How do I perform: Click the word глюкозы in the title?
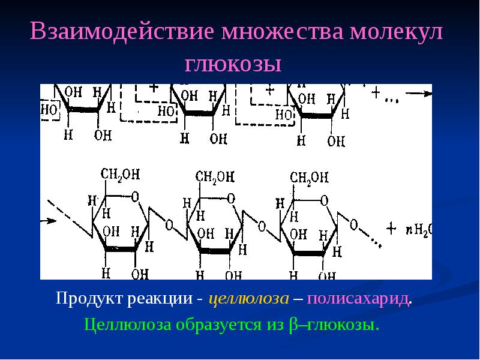tap(240, 63)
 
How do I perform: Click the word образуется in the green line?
tap(215, 325)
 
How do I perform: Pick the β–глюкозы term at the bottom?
tap(334, 325)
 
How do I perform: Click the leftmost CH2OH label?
tap(120, 175)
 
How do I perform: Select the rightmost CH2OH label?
tap(309, 177)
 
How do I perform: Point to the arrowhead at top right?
tap(427, 93)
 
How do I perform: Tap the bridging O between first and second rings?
tap(169, 226)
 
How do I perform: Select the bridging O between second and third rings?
tap(262, 226)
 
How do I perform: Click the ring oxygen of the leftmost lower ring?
tap(135, 196)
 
